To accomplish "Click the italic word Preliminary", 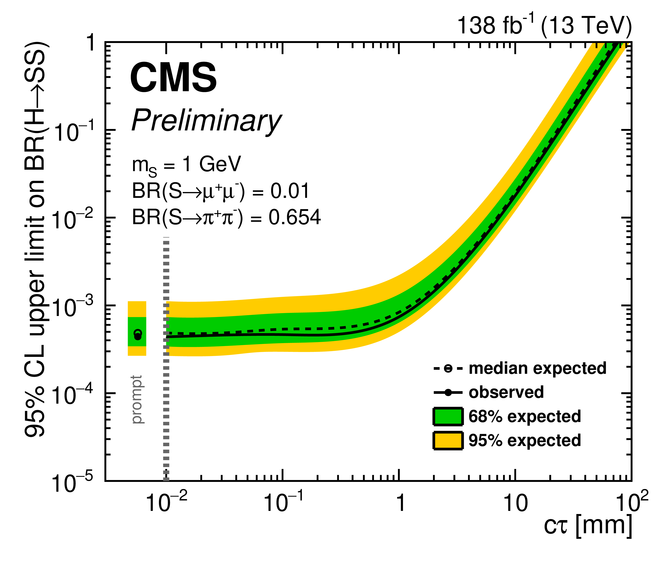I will click(206, 121).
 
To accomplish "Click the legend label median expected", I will click(537, 368).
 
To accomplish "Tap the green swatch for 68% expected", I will click(448, 417).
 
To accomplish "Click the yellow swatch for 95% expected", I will click(448, 441).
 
